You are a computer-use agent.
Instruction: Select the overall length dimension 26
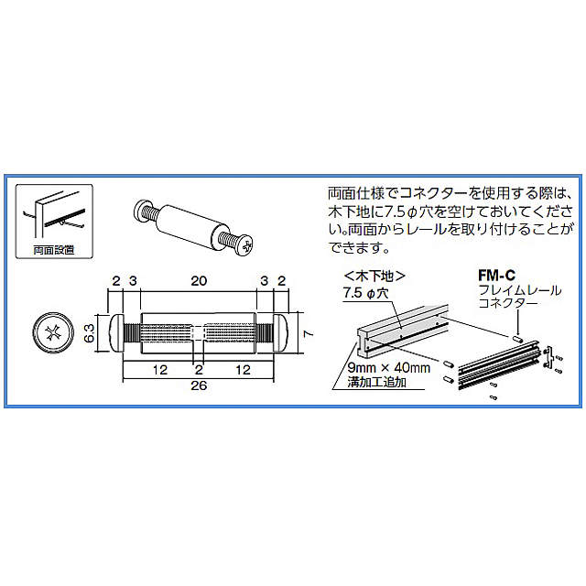(x=199, y=385)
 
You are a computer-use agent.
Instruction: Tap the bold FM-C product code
(x=495, y=274)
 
